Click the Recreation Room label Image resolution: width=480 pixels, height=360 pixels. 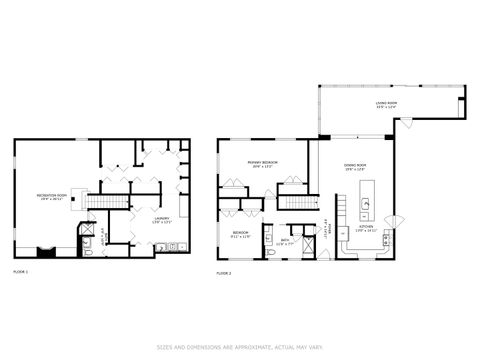click(51, 198)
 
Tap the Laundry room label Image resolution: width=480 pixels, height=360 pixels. click(161, 219)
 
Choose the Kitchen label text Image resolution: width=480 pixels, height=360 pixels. click(367, 227)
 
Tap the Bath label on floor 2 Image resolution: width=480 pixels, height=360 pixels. click(284, 240)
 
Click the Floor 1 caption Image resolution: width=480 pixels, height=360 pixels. click(20, 271)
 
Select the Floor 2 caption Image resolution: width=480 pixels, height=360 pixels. click(224, 271)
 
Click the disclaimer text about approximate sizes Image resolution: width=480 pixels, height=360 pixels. click(240, 348)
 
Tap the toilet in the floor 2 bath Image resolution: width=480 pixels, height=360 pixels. click(270, 253)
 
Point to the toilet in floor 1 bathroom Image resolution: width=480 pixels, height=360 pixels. click(88, 253)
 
